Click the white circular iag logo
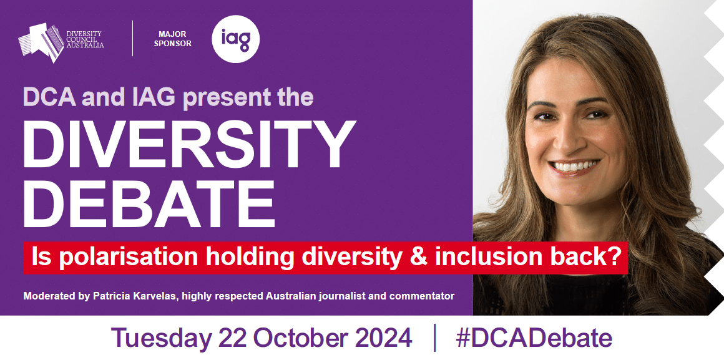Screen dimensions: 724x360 click(235, 39)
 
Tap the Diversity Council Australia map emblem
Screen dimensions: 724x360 click(41, 42)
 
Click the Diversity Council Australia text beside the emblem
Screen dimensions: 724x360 click(85, 39)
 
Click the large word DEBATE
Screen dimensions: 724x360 click(149, 203)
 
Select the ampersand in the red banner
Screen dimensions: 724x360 click(418, 258)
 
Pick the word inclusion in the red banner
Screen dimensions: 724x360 click(488, 258)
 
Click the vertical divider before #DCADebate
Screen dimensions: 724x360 click(434, 338)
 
